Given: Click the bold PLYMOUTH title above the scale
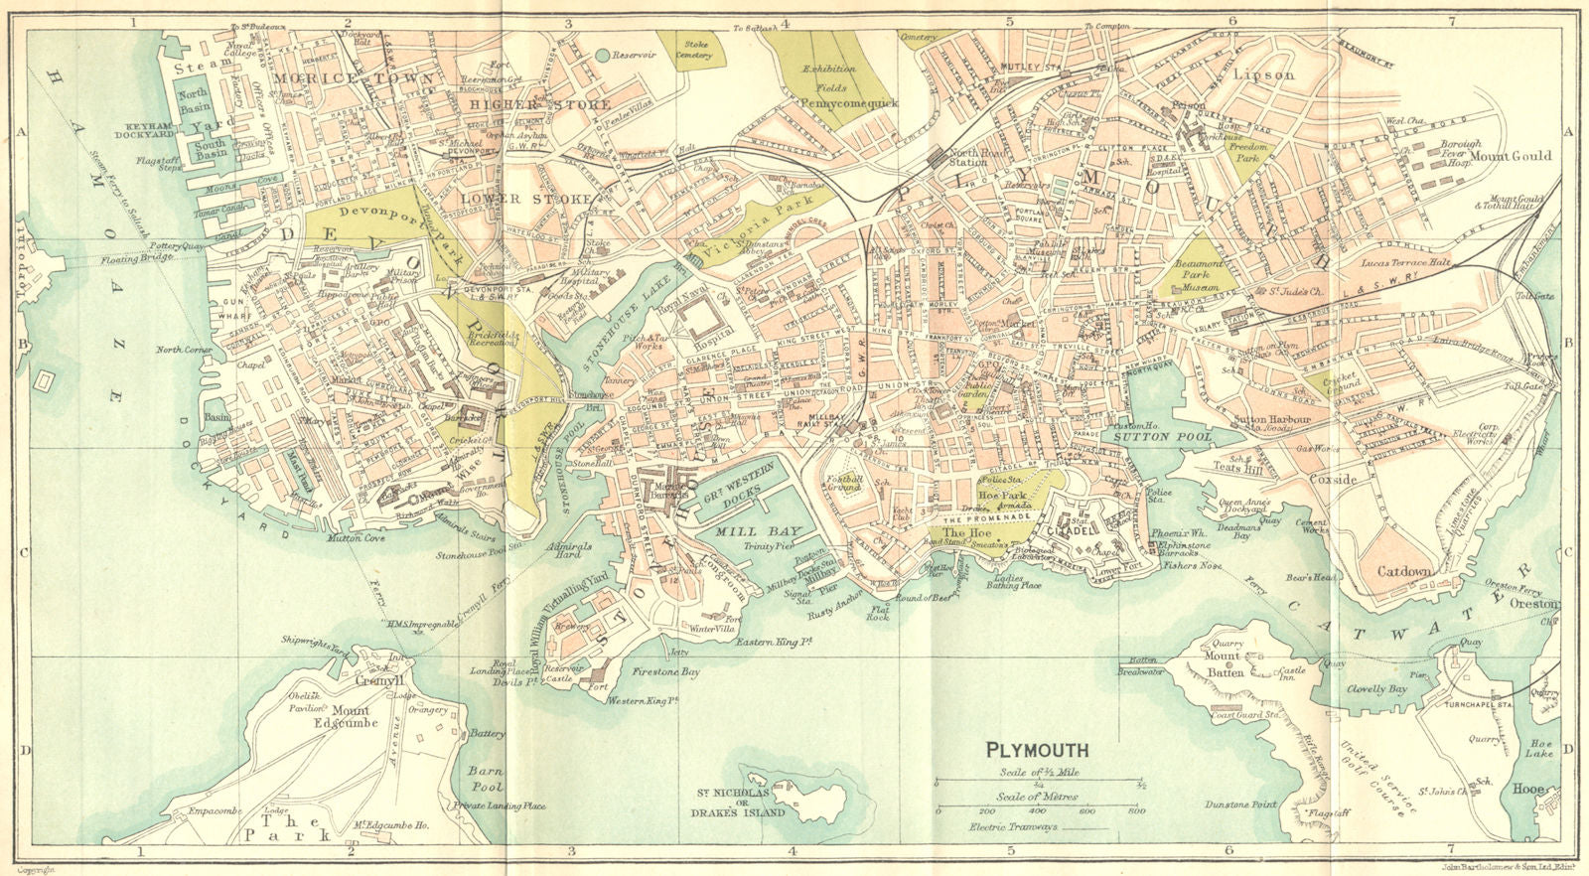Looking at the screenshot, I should point(1037,751).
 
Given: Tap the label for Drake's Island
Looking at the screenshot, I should point(740,803).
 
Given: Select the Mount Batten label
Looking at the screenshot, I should point(1222,662).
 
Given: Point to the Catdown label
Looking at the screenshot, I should point(1404,572).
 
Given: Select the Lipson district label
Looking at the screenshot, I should point(1263,74).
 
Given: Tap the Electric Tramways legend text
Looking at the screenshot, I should point(1014,827).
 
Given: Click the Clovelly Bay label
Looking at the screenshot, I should point(1376,688).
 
